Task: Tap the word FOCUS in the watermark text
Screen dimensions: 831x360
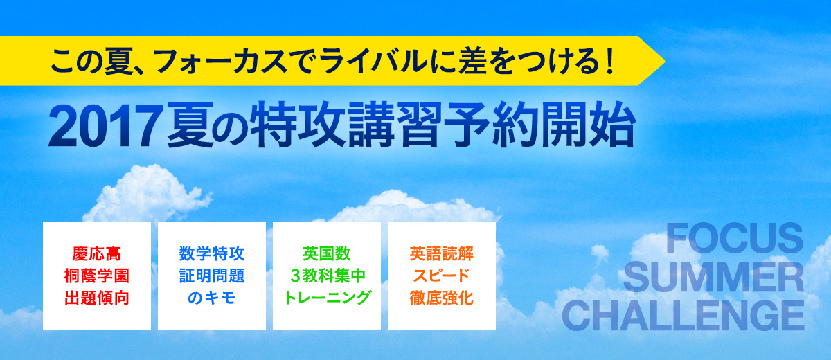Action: [735, 238]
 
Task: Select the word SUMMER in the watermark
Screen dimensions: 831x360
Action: [713, 277]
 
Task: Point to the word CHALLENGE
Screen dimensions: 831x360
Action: [683, 316]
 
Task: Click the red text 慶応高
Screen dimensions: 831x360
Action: [97, 254]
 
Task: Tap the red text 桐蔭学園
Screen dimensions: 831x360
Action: [97, 276]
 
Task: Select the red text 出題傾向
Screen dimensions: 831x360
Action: [97, 298]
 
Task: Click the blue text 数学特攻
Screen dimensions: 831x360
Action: [212, 254]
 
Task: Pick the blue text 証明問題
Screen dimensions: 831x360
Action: [212, 276]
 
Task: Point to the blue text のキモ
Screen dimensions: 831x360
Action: [212, 298]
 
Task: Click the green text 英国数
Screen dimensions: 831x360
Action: [327, 254]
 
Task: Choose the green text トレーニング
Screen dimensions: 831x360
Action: [328, 298]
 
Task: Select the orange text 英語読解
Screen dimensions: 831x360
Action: [442, 254]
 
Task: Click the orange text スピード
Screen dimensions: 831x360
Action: [442, 276]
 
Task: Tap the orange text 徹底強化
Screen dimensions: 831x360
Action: [442, 298]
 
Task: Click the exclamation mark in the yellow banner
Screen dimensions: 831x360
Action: [609, 61]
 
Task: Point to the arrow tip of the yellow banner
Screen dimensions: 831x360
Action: [665, 61]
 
